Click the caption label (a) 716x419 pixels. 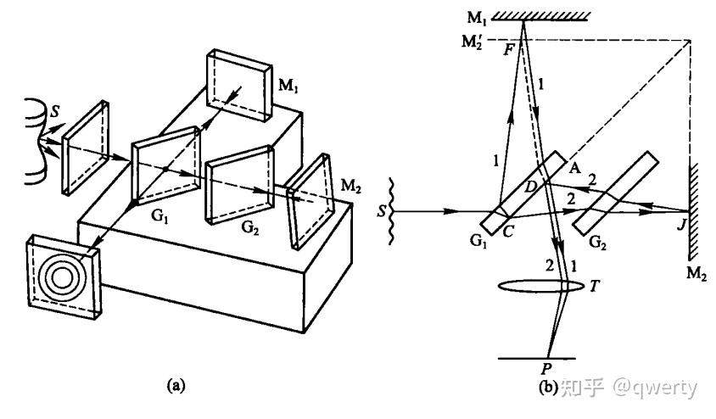pyautogui.click(x=176, y=386)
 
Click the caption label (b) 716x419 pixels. pyautogui.click(x=547, y=388)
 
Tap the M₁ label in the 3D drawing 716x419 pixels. pyautogui.click(x=288, y=86)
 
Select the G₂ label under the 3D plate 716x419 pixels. pyautogui.click(x=250, y=226)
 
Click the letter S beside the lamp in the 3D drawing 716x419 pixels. pyautogui.click(x=56, y=110)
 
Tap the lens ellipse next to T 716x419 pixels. pyautogui.click(x=540, y=286)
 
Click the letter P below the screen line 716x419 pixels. pyautogui.click(x=546, y=368)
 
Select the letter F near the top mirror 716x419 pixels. pyautogui.click(x=509, y=49)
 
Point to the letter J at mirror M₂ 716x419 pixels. pyautogui.click(x=682, y=224)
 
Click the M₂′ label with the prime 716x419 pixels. pyautogui.click(x=473, y=42)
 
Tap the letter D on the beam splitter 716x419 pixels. pyautogui.click(x=530, y=187)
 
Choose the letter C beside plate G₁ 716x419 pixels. pyautogui.click(x=508, y=232)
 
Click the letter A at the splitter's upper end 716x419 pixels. pyautogui.click(x=574, y=168)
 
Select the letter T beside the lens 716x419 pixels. pyautogui.click(x=594, y=286)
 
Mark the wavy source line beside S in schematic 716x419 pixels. pyautogui.click(x=390, y=211)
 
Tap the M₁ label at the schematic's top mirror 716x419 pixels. pyautogui.click(x=477, y=18)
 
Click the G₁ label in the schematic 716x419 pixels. pyautogui.click(x=478, y=241)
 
